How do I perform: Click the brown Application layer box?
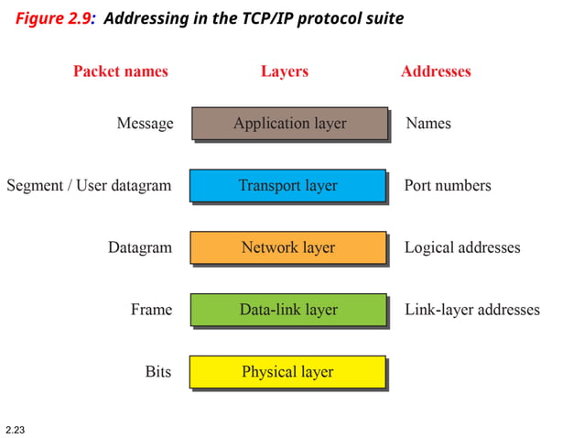point(289,124)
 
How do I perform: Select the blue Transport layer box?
point(287,186)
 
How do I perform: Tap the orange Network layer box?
point(287,248)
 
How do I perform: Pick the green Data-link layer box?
point(287,311)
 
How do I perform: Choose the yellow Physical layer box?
point(287,372)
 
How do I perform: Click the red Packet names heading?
point(121,71)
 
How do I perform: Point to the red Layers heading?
point(285,71)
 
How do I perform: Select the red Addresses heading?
point(436,71)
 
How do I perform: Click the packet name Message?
point(145,124)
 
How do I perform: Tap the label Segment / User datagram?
point(89,186)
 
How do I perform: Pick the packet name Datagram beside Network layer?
point(139,248)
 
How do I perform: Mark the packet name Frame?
point(151,311)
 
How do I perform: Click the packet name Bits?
point(158,372)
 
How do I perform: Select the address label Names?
point(428,124)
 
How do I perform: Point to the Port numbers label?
point(448,186)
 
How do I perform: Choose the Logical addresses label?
point(462,248)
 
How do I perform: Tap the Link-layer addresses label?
point(472,311)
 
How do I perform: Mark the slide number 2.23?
point(16,429)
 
